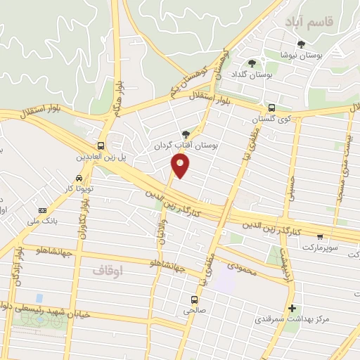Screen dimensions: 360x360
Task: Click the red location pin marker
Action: tap(181, 166)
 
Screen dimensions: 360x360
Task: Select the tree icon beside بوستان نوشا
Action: tap(302, 45)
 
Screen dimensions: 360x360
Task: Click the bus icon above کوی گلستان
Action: tap(271, 108)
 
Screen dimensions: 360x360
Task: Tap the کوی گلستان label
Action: tap(271, 121)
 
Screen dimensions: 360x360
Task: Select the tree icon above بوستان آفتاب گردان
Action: tap(186, 134)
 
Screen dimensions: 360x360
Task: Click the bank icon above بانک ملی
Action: tap(42, 210)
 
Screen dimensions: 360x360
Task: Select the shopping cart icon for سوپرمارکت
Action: tap(321, 237)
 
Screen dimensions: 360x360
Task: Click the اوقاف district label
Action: tap(108, 269)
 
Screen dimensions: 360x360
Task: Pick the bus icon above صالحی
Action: tap(194, 299)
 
